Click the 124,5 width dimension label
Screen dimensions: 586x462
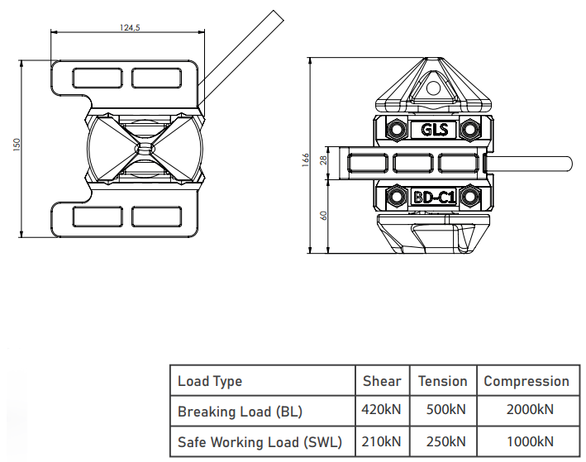130,27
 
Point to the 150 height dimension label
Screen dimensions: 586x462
17,145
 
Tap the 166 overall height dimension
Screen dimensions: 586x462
306,160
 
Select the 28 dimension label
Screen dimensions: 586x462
324,160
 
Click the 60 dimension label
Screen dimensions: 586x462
324,216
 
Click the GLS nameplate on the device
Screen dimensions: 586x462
434,130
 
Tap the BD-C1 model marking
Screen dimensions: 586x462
434,197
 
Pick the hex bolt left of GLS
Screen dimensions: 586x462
397,130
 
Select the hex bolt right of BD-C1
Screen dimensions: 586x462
470,197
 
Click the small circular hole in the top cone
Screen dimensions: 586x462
434,88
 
